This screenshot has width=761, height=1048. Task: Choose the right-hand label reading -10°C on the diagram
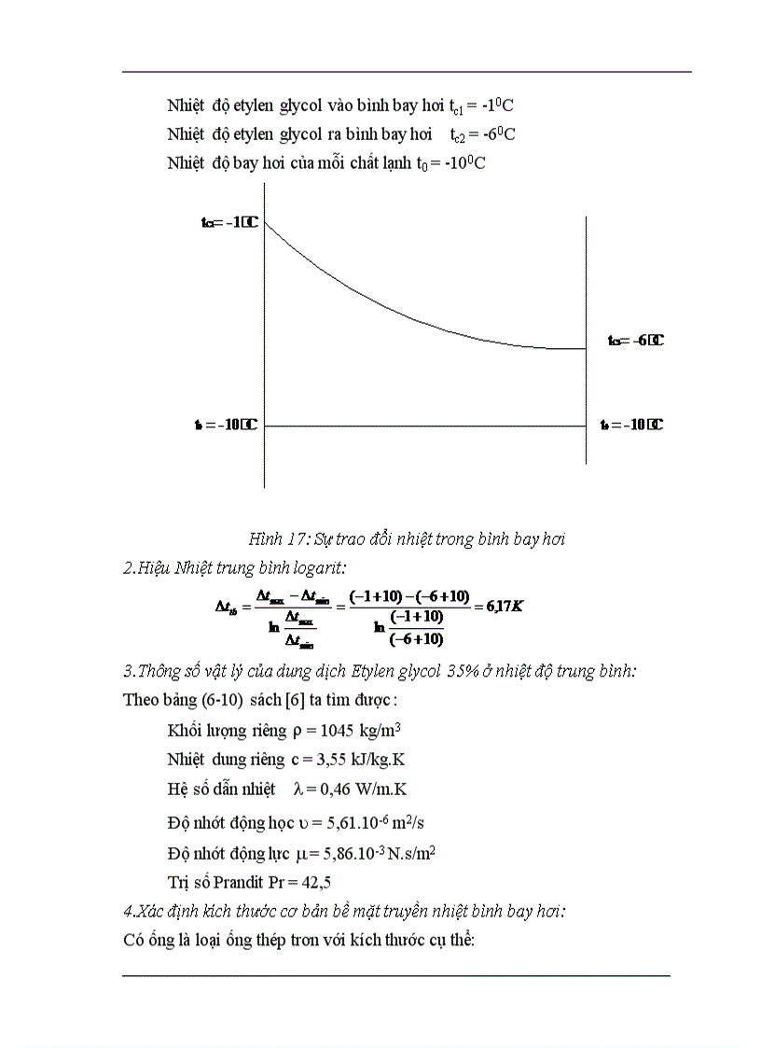click(631, 426)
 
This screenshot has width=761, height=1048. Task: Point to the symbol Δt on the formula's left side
click(227, 607)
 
